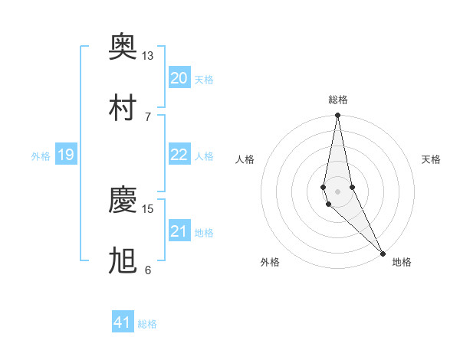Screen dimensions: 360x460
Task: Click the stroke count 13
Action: [147, 56]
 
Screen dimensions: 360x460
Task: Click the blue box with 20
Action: [179, 77]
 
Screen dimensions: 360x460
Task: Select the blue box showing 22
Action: [179, 154]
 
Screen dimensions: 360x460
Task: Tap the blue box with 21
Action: [179, 231]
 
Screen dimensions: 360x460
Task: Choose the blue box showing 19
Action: [65, 155]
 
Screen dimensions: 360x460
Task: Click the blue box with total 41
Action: [123, 322]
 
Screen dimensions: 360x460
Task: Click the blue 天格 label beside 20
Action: [204, 79]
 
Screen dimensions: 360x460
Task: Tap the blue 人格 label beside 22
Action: [204, 155]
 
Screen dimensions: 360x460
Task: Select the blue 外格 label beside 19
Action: [41, 155]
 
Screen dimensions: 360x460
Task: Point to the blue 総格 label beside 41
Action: [147, 324]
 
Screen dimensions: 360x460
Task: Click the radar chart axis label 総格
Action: [338, 100]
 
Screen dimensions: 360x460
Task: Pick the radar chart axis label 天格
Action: [431, 159]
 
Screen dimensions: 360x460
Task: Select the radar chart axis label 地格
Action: [402, 262]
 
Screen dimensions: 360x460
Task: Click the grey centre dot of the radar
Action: [338, 191]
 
